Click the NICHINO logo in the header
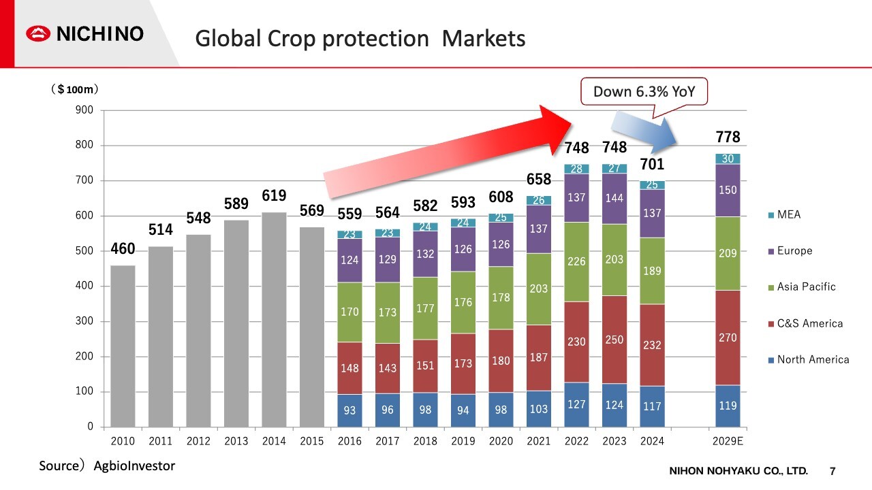pyautogui.click(x=85, y=33)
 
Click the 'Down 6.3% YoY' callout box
pyautogui.click(x=644, y=92)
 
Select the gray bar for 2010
pyautogui.click(x=123, y=346)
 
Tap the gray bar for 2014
pyautogui.click(x=274, y=319)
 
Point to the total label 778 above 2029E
pyautogui.click(x=728, y=137)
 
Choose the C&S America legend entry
pyautogui.click(x=804, y=323)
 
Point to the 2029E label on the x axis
pyautogui.click(x=728, y=441)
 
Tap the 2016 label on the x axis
pyautogui.click(x=349, y=441)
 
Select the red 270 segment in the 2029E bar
pyautogui.click(x=728, y=338)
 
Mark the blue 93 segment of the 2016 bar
pyautogui.click(x=349, y=410)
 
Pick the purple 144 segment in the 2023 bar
pyautogui.click(x=614, y=199)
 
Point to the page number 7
pyautogui.click(x=832, y=471)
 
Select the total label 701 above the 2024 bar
pyautogui.click(x=652, y=164)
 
